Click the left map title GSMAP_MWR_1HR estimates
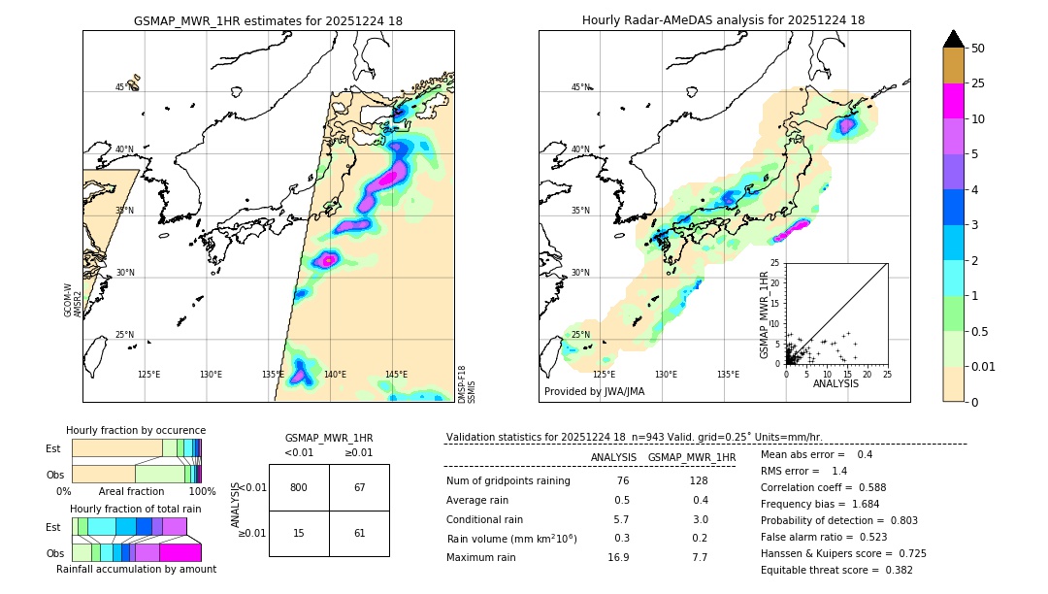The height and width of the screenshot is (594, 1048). point(268,20)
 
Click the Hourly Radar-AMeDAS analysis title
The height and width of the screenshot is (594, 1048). point(723,20)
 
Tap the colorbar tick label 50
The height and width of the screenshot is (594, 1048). point(978,49)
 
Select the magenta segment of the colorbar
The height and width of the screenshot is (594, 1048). point(954,101)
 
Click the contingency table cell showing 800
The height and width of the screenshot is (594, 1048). point(299,487)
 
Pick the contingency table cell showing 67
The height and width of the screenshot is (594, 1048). point(359,487)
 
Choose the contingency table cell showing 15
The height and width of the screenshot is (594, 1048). point(299,534)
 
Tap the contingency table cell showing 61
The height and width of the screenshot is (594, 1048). point(359,534)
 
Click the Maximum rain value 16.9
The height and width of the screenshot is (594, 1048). point(618,557)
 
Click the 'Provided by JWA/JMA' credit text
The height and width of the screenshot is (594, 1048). point(594,392)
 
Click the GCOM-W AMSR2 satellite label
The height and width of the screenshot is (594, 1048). point(73,300)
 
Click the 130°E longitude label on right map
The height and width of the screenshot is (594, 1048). point(666,374)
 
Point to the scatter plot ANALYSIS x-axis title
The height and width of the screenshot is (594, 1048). point(835,383)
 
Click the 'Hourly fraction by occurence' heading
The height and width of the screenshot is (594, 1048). point(136,430)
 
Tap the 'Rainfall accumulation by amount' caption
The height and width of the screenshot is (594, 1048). point(136,569)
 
